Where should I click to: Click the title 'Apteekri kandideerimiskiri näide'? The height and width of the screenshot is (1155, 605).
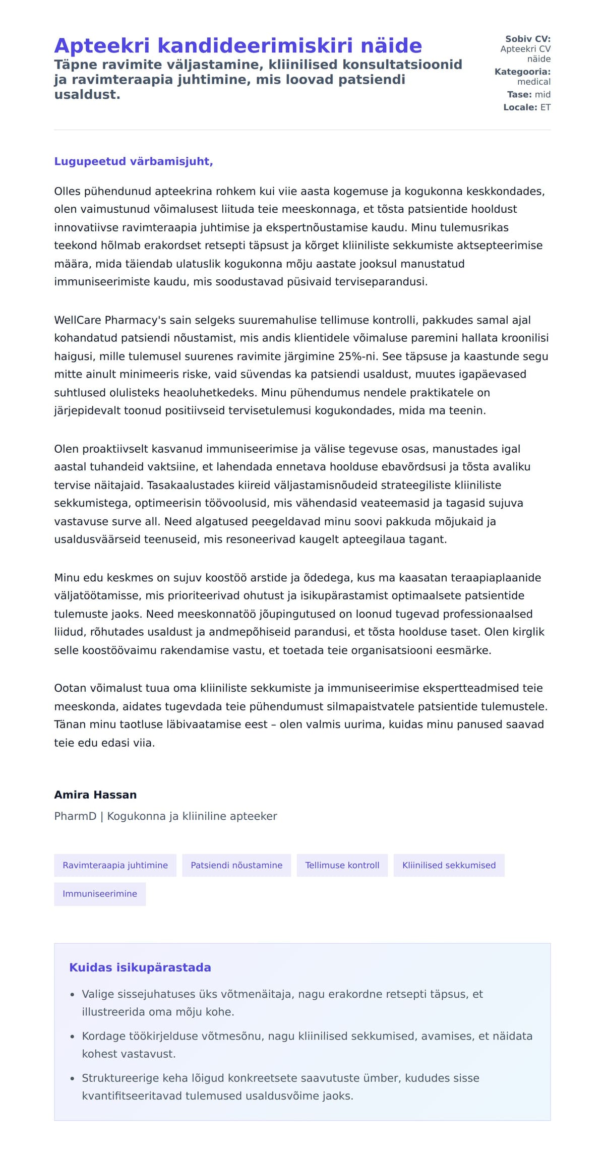point(237,46)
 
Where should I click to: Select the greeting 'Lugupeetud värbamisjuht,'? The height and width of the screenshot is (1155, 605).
point(134,161)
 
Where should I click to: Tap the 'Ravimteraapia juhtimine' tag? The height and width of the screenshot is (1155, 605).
point(115,865)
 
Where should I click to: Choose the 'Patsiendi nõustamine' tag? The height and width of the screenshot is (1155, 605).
point(236,865)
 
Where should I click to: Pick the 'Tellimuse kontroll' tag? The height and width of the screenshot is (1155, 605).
point(342,865)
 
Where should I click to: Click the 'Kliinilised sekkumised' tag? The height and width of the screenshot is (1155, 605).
point(449,865)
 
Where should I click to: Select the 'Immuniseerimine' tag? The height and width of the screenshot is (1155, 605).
point(100,894)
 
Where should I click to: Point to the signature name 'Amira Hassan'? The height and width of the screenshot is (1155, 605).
point(95,795)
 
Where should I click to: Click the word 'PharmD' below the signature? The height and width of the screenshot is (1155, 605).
point(75,816)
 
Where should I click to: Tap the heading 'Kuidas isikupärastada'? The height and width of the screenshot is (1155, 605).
point(140,967)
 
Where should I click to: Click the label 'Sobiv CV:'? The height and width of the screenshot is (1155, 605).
point(528,39)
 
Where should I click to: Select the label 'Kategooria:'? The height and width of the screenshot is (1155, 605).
point(522,72)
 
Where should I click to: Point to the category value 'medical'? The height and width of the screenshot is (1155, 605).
point(534,82)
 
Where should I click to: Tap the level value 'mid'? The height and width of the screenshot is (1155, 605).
point(542,94)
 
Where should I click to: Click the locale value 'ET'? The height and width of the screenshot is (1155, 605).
point(546,107)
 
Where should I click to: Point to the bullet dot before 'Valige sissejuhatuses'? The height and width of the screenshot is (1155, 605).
point(73,995)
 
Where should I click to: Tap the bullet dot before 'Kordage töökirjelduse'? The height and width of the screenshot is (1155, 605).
point(73,1037)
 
